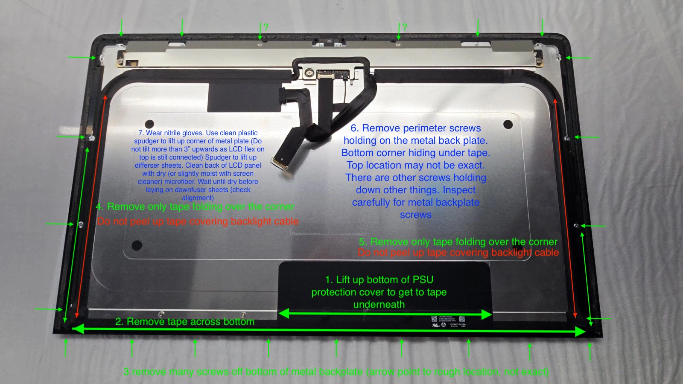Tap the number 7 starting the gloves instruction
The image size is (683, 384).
pos(141,133)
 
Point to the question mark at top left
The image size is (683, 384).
pos(266,27)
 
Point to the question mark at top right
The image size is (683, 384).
pos(404,27)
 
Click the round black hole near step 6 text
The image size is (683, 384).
pos(508,125)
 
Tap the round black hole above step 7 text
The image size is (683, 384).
pos(149,124)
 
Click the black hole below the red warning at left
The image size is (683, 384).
pos(137,245)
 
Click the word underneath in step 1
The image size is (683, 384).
pos(379,305)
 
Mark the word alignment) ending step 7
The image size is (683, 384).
pos(198,198)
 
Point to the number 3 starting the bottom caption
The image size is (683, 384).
pos(126,372)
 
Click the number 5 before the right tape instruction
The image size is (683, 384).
pos(362,242)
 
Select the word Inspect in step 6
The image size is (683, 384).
pos(459,190)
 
